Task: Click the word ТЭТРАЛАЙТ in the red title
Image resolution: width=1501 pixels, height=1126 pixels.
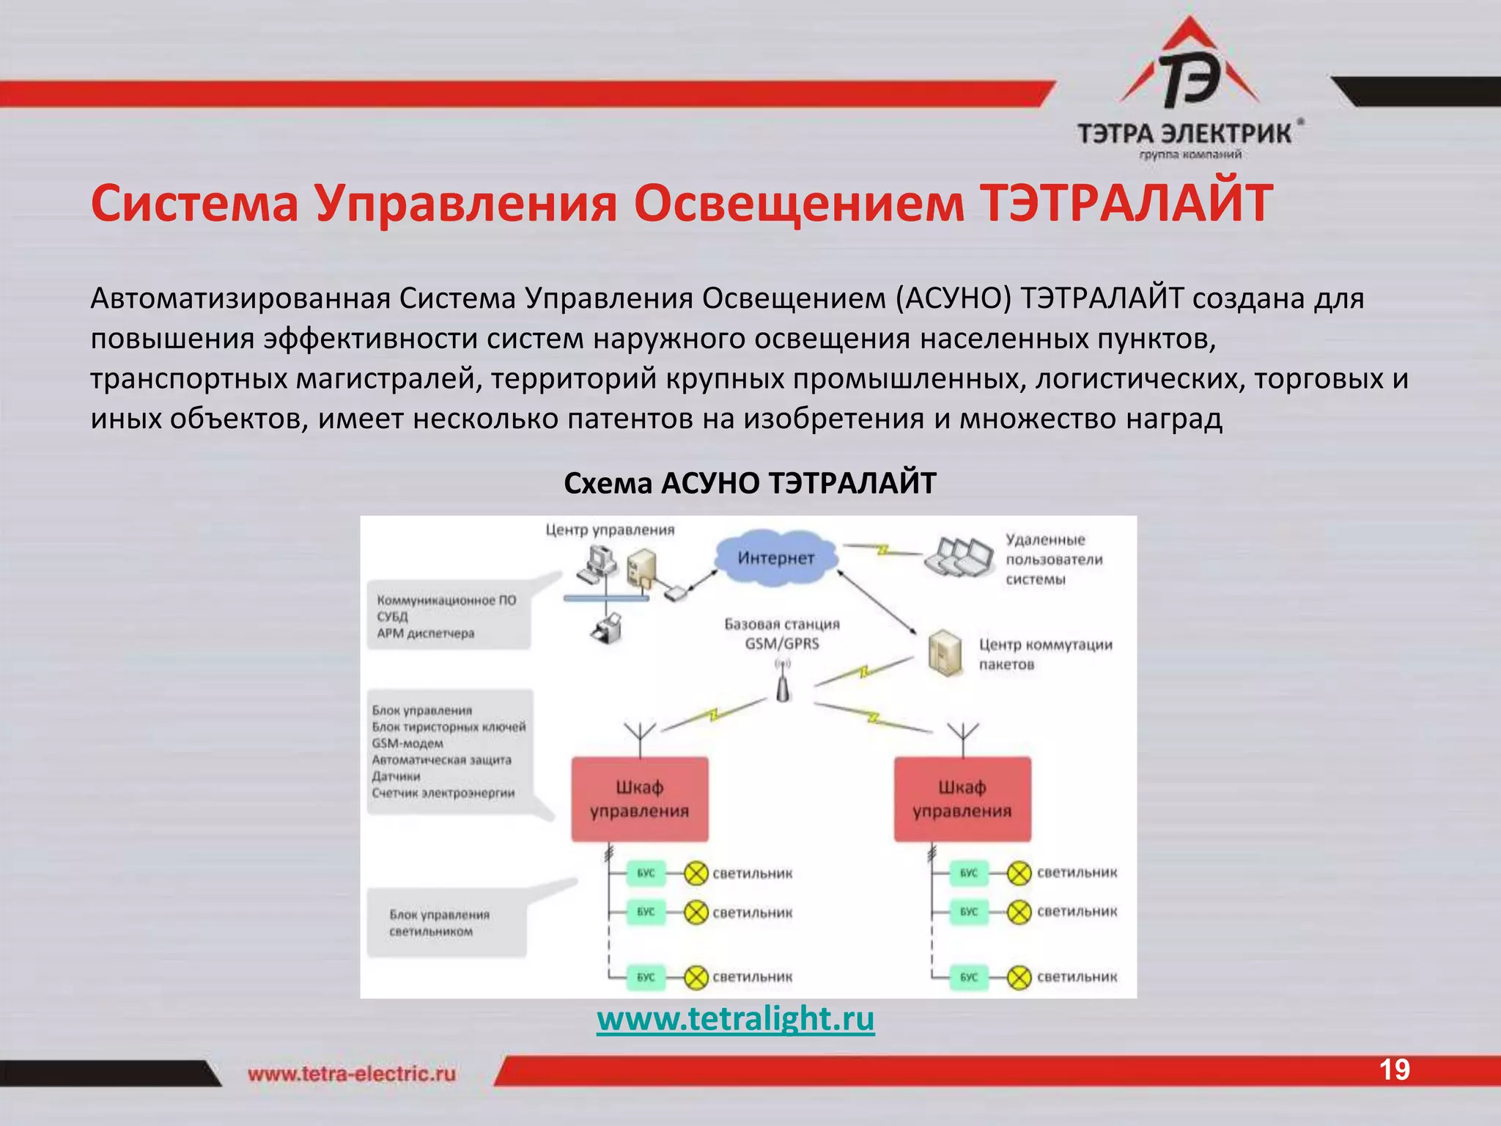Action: point(1126,203)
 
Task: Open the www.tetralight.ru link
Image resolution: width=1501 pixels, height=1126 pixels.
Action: point(735,1019)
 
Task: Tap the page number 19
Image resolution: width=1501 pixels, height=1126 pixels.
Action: point(1394,1070)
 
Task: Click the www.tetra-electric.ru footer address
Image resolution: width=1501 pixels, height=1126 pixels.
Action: point(351,1074)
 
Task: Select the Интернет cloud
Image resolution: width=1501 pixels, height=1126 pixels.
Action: point(775,559)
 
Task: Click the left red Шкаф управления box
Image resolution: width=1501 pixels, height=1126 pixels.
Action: point(640,799)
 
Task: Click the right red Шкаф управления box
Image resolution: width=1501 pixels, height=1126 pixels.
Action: point(962,799)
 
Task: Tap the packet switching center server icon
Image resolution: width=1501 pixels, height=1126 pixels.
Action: point(944,652)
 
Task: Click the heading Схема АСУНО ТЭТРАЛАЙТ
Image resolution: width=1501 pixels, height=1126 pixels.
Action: point(750,483)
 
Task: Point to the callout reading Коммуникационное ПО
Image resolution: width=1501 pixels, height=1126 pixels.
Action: point(446,600)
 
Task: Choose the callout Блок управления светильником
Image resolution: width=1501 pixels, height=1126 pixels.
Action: point(440,923)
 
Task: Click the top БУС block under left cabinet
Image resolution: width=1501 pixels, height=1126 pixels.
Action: point(646,873)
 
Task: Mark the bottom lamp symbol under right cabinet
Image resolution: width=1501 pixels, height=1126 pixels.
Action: point(1019,977)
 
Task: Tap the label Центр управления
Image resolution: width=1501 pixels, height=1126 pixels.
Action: point(610,530)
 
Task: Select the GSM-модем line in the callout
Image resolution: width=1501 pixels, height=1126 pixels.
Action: point(407,743)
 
